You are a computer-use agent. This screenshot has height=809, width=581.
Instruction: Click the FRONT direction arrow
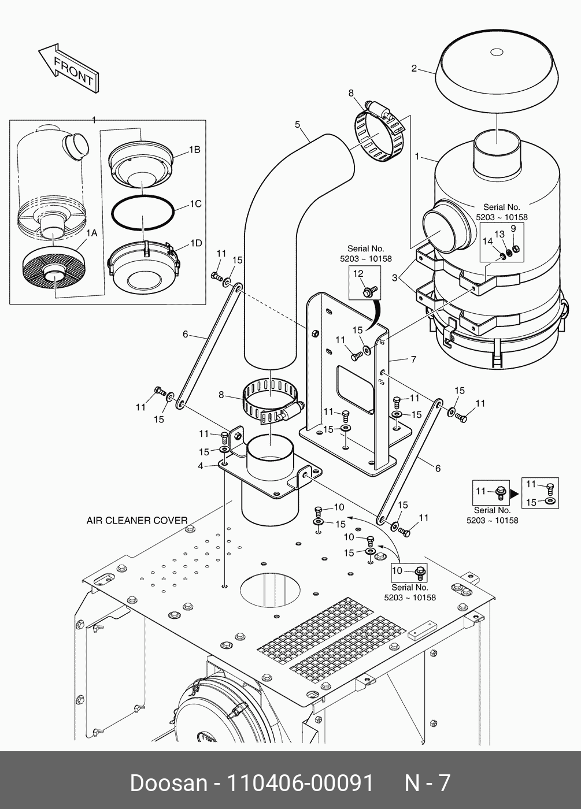point(68,67)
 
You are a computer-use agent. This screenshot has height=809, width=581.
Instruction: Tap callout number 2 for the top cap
point(414,69)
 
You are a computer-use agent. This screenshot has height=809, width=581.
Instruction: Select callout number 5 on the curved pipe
point(298,124)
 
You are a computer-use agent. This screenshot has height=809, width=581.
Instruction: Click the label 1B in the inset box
point(194,150)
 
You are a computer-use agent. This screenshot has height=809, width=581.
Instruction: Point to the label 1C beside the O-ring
point(195,204)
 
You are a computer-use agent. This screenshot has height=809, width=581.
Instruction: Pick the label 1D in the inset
point(195,243)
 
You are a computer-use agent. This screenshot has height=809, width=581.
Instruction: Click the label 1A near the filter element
point(91,233)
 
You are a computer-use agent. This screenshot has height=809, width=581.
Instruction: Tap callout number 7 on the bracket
point(413,359)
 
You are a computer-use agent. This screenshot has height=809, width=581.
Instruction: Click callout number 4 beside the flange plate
point(201,466)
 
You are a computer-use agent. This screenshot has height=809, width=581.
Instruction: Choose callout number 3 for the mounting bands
point(395,278)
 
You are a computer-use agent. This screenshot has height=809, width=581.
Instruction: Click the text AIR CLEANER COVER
point(137,520)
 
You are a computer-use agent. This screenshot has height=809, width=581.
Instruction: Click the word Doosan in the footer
point(168,783)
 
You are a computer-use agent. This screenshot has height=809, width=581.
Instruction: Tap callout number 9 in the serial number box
point(513,228)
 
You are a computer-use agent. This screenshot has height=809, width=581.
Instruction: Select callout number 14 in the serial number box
point(487,242)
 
